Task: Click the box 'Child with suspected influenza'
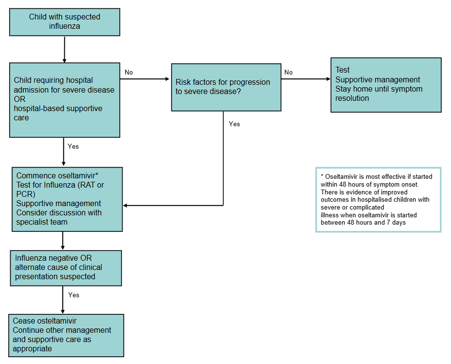[x=64, y=21]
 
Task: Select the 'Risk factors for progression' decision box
[x=226, y=87]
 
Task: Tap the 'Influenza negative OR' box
[x=65, y=268]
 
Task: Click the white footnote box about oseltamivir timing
[x=378, y=199]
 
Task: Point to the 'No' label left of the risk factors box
[x=128, y=73]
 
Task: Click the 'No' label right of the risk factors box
[x=289, y=73]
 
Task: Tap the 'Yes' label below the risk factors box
[x=235, y=124]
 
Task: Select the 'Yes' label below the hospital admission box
[x=73, y=146]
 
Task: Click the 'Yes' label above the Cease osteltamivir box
[x=73, y=295]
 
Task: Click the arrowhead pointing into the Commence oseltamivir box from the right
[x=126, y=206]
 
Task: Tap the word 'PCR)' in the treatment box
[x=24, y=194]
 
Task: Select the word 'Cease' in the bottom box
[x=23, y=321]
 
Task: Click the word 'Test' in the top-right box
[x=343, y=70]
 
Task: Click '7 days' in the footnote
[x=396, y=222]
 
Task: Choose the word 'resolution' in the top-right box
[x=352, y=98]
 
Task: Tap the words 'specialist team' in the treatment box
[x=41, y=222]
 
